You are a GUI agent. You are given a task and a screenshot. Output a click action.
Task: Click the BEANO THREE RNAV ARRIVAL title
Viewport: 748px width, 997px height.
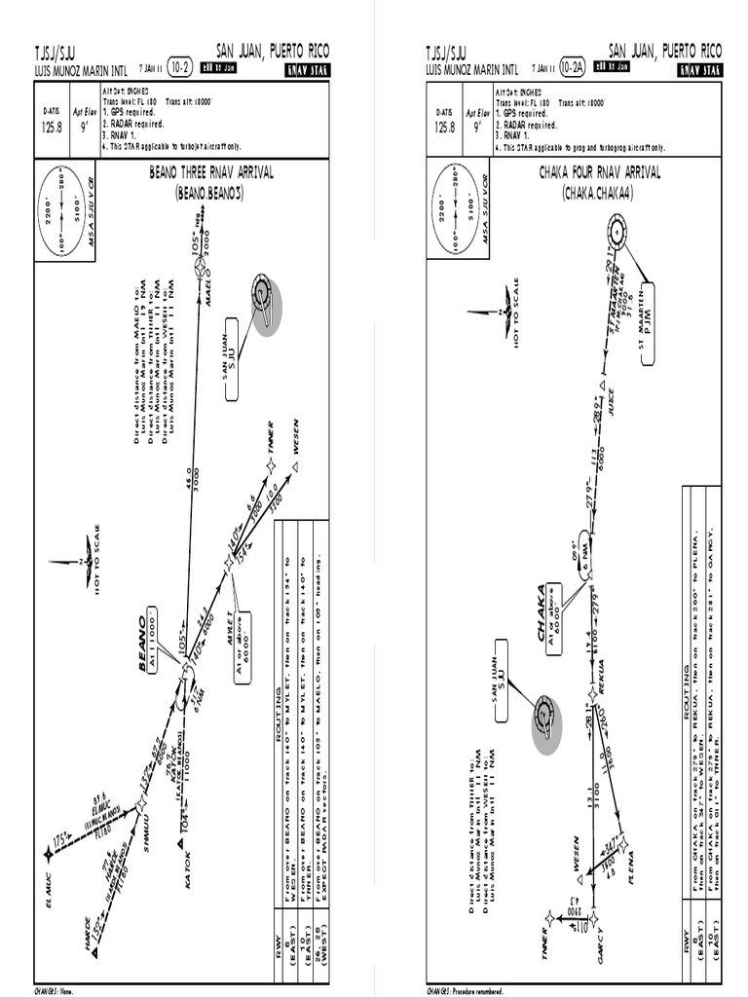[x=210, y=173]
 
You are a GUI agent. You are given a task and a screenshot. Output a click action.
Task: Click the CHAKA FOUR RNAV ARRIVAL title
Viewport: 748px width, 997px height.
[x=599, y=173]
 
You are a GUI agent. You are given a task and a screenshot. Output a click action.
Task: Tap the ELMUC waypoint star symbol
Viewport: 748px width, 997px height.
[x=49, y=855]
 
